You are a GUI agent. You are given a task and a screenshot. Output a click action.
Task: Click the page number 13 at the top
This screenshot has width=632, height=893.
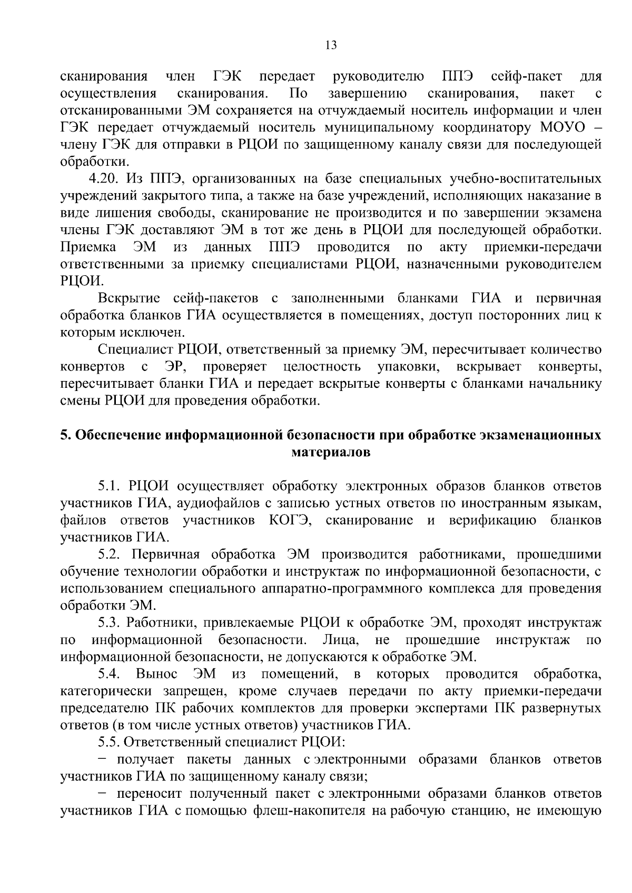point(331,45)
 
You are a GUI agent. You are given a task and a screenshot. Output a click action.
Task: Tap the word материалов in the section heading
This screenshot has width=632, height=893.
point(331,453)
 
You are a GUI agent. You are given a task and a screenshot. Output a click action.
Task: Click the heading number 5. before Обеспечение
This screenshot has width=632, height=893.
point(65,436)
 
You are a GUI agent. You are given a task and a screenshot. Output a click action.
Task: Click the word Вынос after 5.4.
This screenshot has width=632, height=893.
point(156,674)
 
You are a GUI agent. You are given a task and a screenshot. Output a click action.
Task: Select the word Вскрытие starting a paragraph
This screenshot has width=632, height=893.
point(129,299)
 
